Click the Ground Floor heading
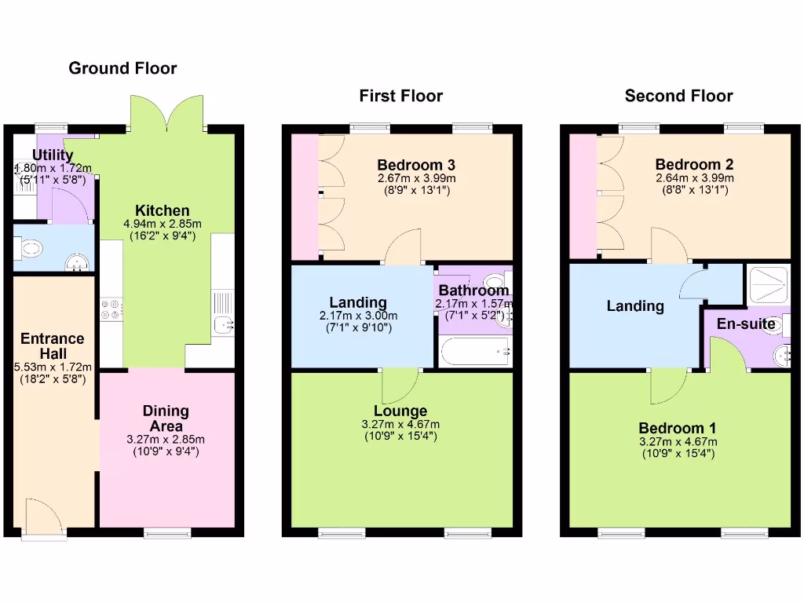[122, 68]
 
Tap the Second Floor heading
[678, 96]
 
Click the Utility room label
[53, 155]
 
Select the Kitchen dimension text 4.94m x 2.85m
[162, 224]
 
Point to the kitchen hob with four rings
[111, 311]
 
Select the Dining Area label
[166, 418]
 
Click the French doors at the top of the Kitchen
[167, 114]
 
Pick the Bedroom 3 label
[416, 165]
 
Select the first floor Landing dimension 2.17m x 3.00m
[358, 316]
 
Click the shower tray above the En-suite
[768, 283]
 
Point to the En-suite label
[746, 324]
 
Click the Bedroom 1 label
[677, 429]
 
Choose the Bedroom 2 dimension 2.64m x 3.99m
[694, 178]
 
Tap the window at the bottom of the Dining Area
[167, 533]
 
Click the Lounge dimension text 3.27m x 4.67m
[400, 425]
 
